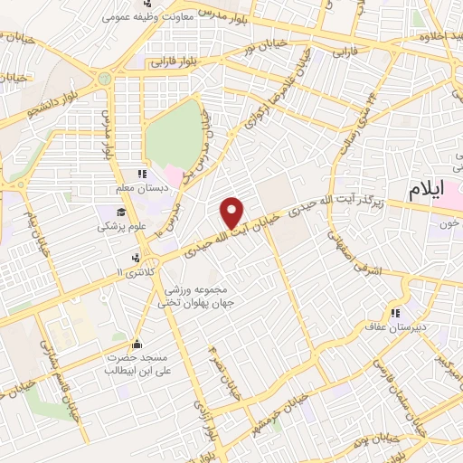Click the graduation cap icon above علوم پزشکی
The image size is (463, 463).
121,211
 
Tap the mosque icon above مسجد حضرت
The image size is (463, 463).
136,344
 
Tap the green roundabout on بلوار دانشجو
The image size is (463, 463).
105,80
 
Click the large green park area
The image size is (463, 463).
175,136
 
